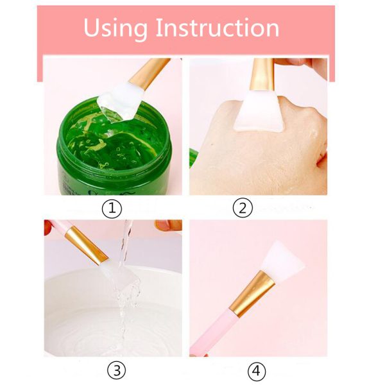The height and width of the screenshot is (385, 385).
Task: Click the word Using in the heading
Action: pyautogui.click(x=116, y=29)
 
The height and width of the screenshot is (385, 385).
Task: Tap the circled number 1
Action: pyautogui.click(x=112, y=209)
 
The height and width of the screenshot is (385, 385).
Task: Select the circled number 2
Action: pyautogui.click(x=243, y=208)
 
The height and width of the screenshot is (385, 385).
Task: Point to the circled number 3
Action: pyautogui.click(x=116, y=370)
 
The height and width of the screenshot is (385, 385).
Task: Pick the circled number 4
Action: pyautogui.click(x=257, y=370)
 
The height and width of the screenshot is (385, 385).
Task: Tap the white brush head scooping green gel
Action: pyautogui.click(x=121, y=101)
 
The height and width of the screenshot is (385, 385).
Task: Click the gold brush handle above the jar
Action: pyautogui.click(x=150, y=73)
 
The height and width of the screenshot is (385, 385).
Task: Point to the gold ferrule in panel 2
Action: pyautogui.click(x=262, y=74)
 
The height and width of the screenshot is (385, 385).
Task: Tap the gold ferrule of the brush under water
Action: pyautogui.click(x=87, y=246)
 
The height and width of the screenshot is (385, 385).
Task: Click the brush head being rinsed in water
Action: pyautogui.click(x=119, y=275)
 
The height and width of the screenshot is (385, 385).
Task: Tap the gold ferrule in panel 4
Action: pyautogui.click(x=252, y=293)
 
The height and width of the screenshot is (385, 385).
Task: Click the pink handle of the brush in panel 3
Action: pyautogui.click(x=59, y=226)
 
